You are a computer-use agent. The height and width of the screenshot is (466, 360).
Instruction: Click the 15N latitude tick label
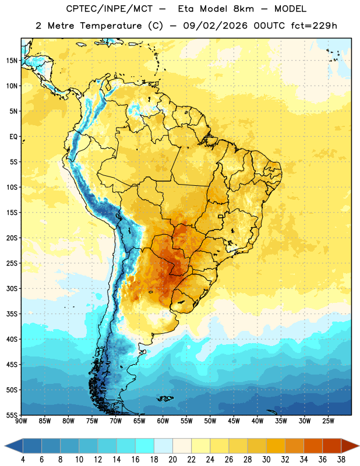[x=12, y=61]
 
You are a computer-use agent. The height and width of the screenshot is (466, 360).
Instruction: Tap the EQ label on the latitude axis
[x=13, y=137]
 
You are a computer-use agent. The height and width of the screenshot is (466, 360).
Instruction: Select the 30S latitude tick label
[x=12, y=288]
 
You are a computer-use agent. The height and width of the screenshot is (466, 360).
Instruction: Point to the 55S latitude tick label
[x=12, y=415]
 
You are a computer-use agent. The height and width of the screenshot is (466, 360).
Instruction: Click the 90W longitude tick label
[x=21, y=421]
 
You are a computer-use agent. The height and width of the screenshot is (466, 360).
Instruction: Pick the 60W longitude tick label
[x=163, y=421]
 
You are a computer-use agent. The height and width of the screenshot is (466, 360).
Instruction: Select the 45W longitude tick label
[x=234, y=421]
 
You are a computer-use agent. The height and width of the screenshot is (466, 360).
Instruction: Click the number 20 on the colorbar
[x=172, y=460]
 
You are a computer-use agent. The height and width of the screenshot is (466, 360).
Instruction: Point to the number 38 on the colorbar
[x=341, y=460]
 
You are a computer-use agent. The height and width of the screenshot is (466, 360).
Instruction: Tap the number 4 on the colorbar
[x=23, y=460]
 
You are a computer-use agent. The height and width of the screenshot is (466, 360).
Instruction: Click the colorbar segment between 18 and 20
[x=164, y=446]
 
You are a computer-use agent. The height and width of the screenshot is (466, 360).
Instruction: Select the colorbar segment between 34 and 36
[x=313, y=446]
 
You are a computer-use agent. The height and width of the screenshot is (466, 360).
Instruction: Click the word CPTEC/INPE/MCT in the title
[x=109, y=9]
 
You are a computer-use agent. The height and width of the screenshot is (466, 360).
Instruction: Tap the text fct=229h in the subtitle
[x=314, y=26]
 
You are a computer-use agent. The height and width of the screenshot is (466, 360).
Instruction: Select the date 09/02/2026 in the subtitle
[x=215, y=26]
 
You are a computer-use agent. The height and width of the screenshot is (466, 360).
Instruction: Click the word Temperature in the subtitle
[x=111, y=26]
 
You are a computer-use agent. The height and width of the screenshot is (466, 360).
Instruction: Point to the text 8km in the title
[x=243, y=9]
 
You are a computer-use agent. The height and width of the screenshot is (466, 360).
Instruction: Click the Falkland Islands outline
[x=165, y=398]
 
